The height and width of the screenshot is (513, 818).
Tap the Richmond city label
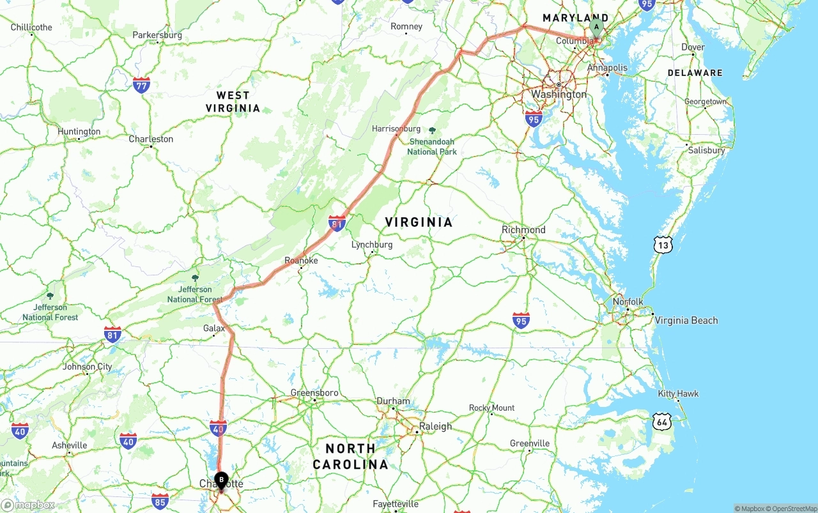(x=523, y=230)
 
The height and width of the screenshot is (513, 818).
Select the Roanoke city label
(x=301, y=261)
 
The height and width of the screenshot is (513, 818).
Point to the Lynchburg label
(x=372, y=245)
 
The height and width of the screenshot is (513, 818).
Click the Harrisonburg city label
(x=396, y=129)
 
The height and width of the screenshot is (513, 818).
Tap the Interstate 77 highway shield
(x=142, y=85)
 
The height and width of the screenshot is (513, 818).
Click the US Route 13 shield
(x=663, y=243)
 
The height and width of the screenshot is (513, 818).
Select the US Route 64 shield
(x=661, y=420)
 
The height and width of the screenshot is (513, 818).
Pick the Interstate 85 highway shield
(x=160, y=501)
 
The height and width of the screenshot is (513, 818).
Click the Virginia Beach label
(x=686, y=321)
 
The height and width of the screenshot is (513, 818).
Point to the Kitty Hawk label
(x=678, y=394)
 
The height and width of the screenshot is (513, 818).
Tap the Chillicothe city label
(x=31, y=27)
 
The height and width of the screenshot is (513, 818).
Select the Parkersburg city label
(x=157, y=35)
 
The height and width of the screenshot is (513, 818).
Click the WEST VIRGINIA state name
(x=233, y=102)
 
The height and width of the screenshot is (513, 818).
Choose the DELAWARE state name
(x=695, y=73)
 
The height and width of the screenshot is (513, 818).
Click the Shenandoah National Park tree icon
(x=432, y=130)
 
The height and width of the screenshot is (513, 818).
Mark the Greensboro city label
(x=314, y=393)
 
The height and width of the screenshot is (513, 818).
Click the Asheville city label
(x=70, y=445)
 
